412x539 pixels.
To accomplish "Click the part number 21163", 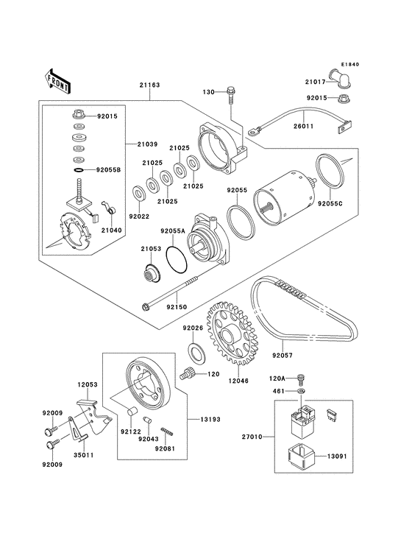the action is coord(149,85).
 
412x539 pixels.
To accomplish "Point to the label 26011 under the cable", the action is coord(304,126).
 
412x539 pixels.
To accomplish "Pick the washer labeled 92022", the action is coord(139,194).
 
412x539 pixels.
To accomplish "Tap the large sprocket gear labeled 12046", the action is coord(232,333).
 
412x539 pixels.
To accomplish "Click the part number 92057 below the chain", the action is coord(283,355).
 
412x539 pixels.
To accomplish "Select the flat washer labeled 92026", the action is coord(196,352).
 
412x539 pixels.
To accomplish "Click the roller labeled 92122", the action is coord(132,411).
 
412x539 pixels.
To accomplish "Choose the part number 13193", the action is coord(210,420).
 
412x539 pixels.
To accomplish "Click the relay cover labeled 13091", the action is coord(300,456).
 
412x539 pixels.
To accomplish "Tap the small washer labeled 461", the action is coord(302,391).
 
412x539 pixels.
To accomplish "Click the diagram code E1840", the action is coord(349,64).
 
